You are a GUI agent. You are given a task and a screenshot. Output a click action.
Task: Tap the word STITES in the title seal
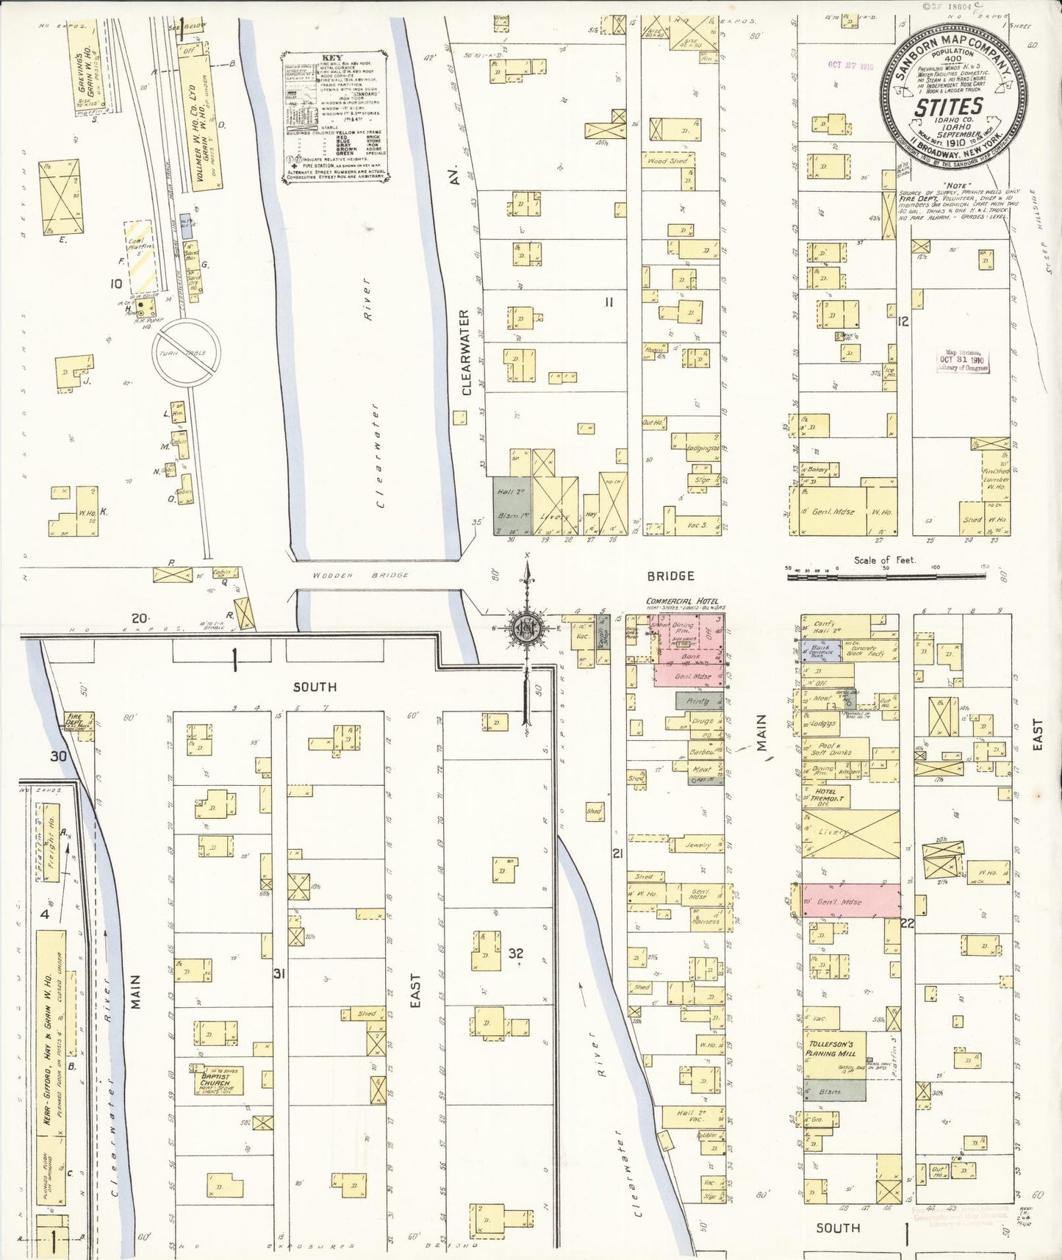948,108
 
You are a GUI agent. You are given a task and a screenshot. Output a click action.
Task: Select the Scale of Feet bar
885,577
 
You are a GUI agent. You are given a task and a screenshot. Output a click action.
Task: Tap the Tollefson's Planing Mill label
830,1048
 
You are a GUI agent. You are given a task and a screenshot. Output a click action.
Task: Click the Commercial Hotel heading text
682,601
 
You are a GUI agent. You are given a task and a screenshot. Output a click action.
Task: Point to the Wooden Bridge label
360,575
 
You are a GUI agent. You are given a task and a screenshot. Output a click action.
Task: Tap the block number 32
516,953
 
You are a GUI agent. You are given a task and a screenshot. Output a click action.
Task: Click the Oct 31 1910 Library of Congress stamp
963,361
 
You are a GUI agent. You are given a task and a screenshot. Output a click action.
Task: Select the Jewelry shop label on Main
697,845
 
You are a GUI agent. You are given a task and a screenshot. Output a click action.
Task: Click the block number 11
609,301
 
